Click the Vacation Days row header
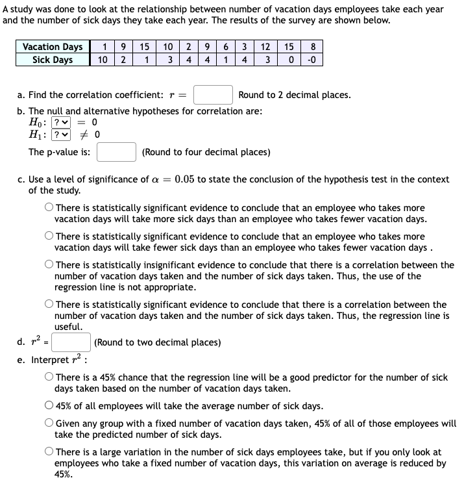pyautogui.click(x=53, y=47)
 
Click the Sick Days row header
pyautogui.click(x=53, y=60)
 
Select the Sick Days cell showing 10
pyautogui.click(x=103, y=60)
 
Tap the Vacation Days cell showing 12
pyautogui.click(x=265, y=47)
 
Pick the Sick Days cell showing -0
pyautogui.click(x=313, y=60)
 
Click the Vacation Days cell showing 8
pyautogui.click(x=313, y=47)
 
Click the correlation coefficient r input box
pyautogui.click(x=214, y=95)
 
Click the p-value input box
pyautogui.click(x=117, y=152)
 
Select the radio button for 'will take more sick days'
pyautogui.click(x=49, y=208)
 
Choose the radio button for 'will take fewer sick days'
pyautogui.click(x=49, y=236)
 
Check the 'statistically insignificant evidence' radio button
pyautogui.click(x=49, y=265)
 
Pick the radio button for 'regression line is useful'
pyautogui.click(x=49, y=305)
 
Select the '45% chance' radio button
pyautogui.click(x=49, y=377)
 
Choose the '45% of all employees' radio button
pyautogui.click(x=49, y=406)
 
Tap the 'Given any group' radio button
pyautogui.click(x=49, y=423)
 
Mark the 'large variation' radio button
pyautogui.click(x=49, y=452)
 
